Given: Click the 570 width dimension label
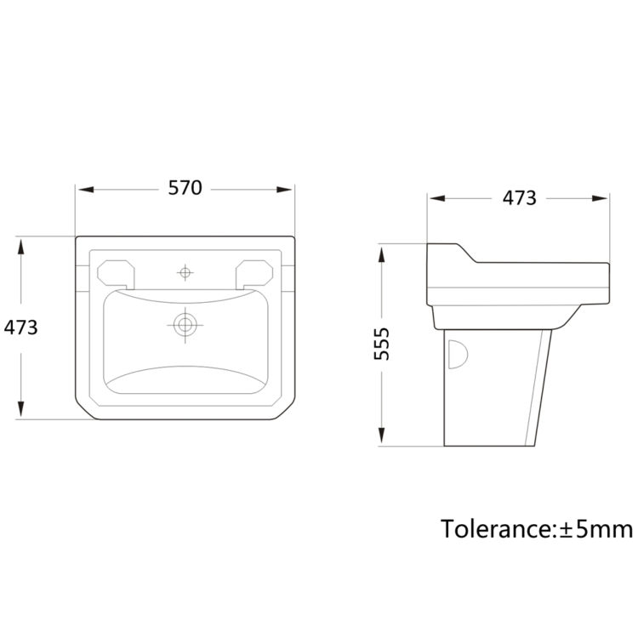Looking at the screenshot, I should (185, 189).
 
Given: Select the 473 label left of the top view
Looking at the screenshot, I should (21, 328).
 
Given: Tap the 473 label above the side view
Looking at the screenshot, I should (518, 198).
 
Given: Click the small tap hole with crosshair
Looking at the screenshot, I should (185, 272).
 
